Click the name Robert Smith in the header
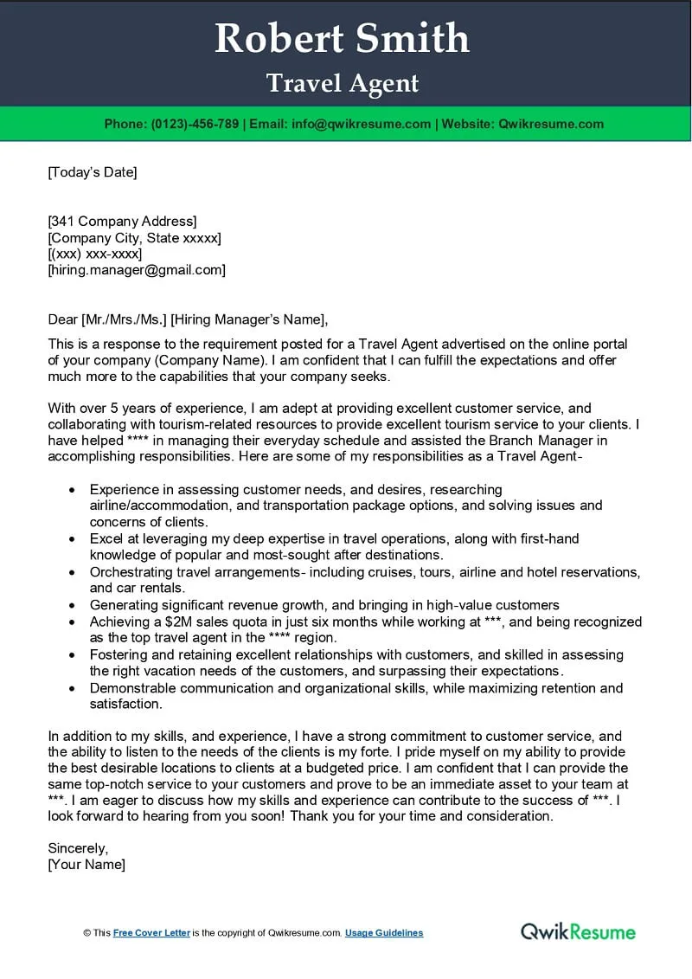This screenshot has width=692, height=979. click(x=342, y=39)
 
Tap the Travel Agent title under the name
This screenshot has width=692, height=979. click(x=343, y=83)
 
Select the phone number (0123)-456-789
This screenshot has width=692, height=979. click(x=195, y=124)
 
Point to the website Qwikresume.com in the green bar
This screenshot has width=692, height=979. click(x=551, y=124)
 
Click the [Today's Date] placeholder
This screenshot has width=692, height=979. click(x=93, y=172)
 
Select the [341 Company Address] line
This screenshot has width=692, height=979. click(x=122, y=221)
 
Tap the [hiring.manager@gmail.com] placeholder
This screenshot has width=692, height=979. click(x=137, y=270)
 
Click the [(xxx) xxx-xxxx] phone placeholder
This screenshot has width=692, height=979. click(x=95, y=254)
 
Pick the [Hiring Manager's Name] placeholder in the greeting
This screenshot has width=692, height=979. click(x=249, y=319)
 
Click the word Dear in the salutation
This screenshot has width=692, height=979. click(x=63, y=319)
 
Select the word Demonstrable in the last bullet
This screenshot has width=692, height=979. click(x=131, y=688)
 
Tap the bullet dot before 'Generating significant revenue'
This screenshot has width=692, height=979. click(x=72, y=606)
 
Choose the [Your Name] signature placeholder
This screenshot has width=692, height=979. click(x=86, y=864)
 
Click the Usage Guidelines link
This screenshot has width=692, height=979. click(x=384, y=933)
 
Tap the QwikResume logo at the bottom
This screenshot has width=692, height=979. click(x=578, y=931)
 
